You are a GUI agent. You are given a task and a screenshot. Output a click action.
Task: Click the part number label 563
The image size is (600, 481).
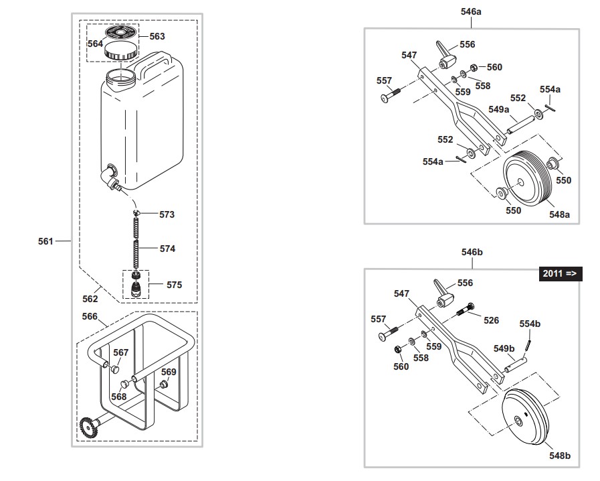pos(157,36)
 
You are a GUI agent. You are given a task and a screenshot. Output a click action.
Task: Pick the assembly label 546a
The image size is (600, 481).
pos(471,11)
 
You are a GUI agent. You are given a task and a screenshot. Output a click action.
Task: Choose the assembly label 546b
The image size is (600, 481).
pos(472,253)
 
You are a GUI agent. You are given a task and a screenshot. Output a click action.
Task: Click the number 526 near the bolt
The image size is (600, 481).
pos(491,320)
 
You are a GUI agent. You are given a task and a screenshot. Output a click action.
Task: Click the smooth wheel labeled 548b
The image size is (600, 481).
pos(524,418)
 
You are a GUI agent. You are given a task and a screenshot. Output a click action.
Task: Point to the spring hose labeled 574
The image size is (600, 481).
pos(137,249)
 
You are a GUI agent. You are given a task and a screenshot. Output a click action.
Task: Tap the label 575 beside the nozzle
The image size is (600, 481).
pos(174,285)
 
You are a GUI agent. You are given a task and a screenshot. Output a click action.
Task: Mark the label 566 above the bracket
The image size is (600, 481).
pos(90,316)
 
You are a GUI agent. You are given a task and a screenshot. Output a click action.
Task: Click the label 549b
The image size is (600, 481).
pos(504,348)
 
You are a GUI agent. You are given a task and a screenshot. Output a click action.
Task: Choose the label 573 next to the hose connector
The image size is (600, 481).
pos(167,214)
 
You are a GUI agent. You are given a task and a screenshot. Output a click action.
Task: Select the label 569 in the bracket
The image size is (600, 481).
pos(169,372)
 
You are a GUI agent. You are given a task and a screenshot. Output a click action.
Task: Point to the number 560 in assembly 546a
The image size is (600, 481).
pos(494,67)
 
